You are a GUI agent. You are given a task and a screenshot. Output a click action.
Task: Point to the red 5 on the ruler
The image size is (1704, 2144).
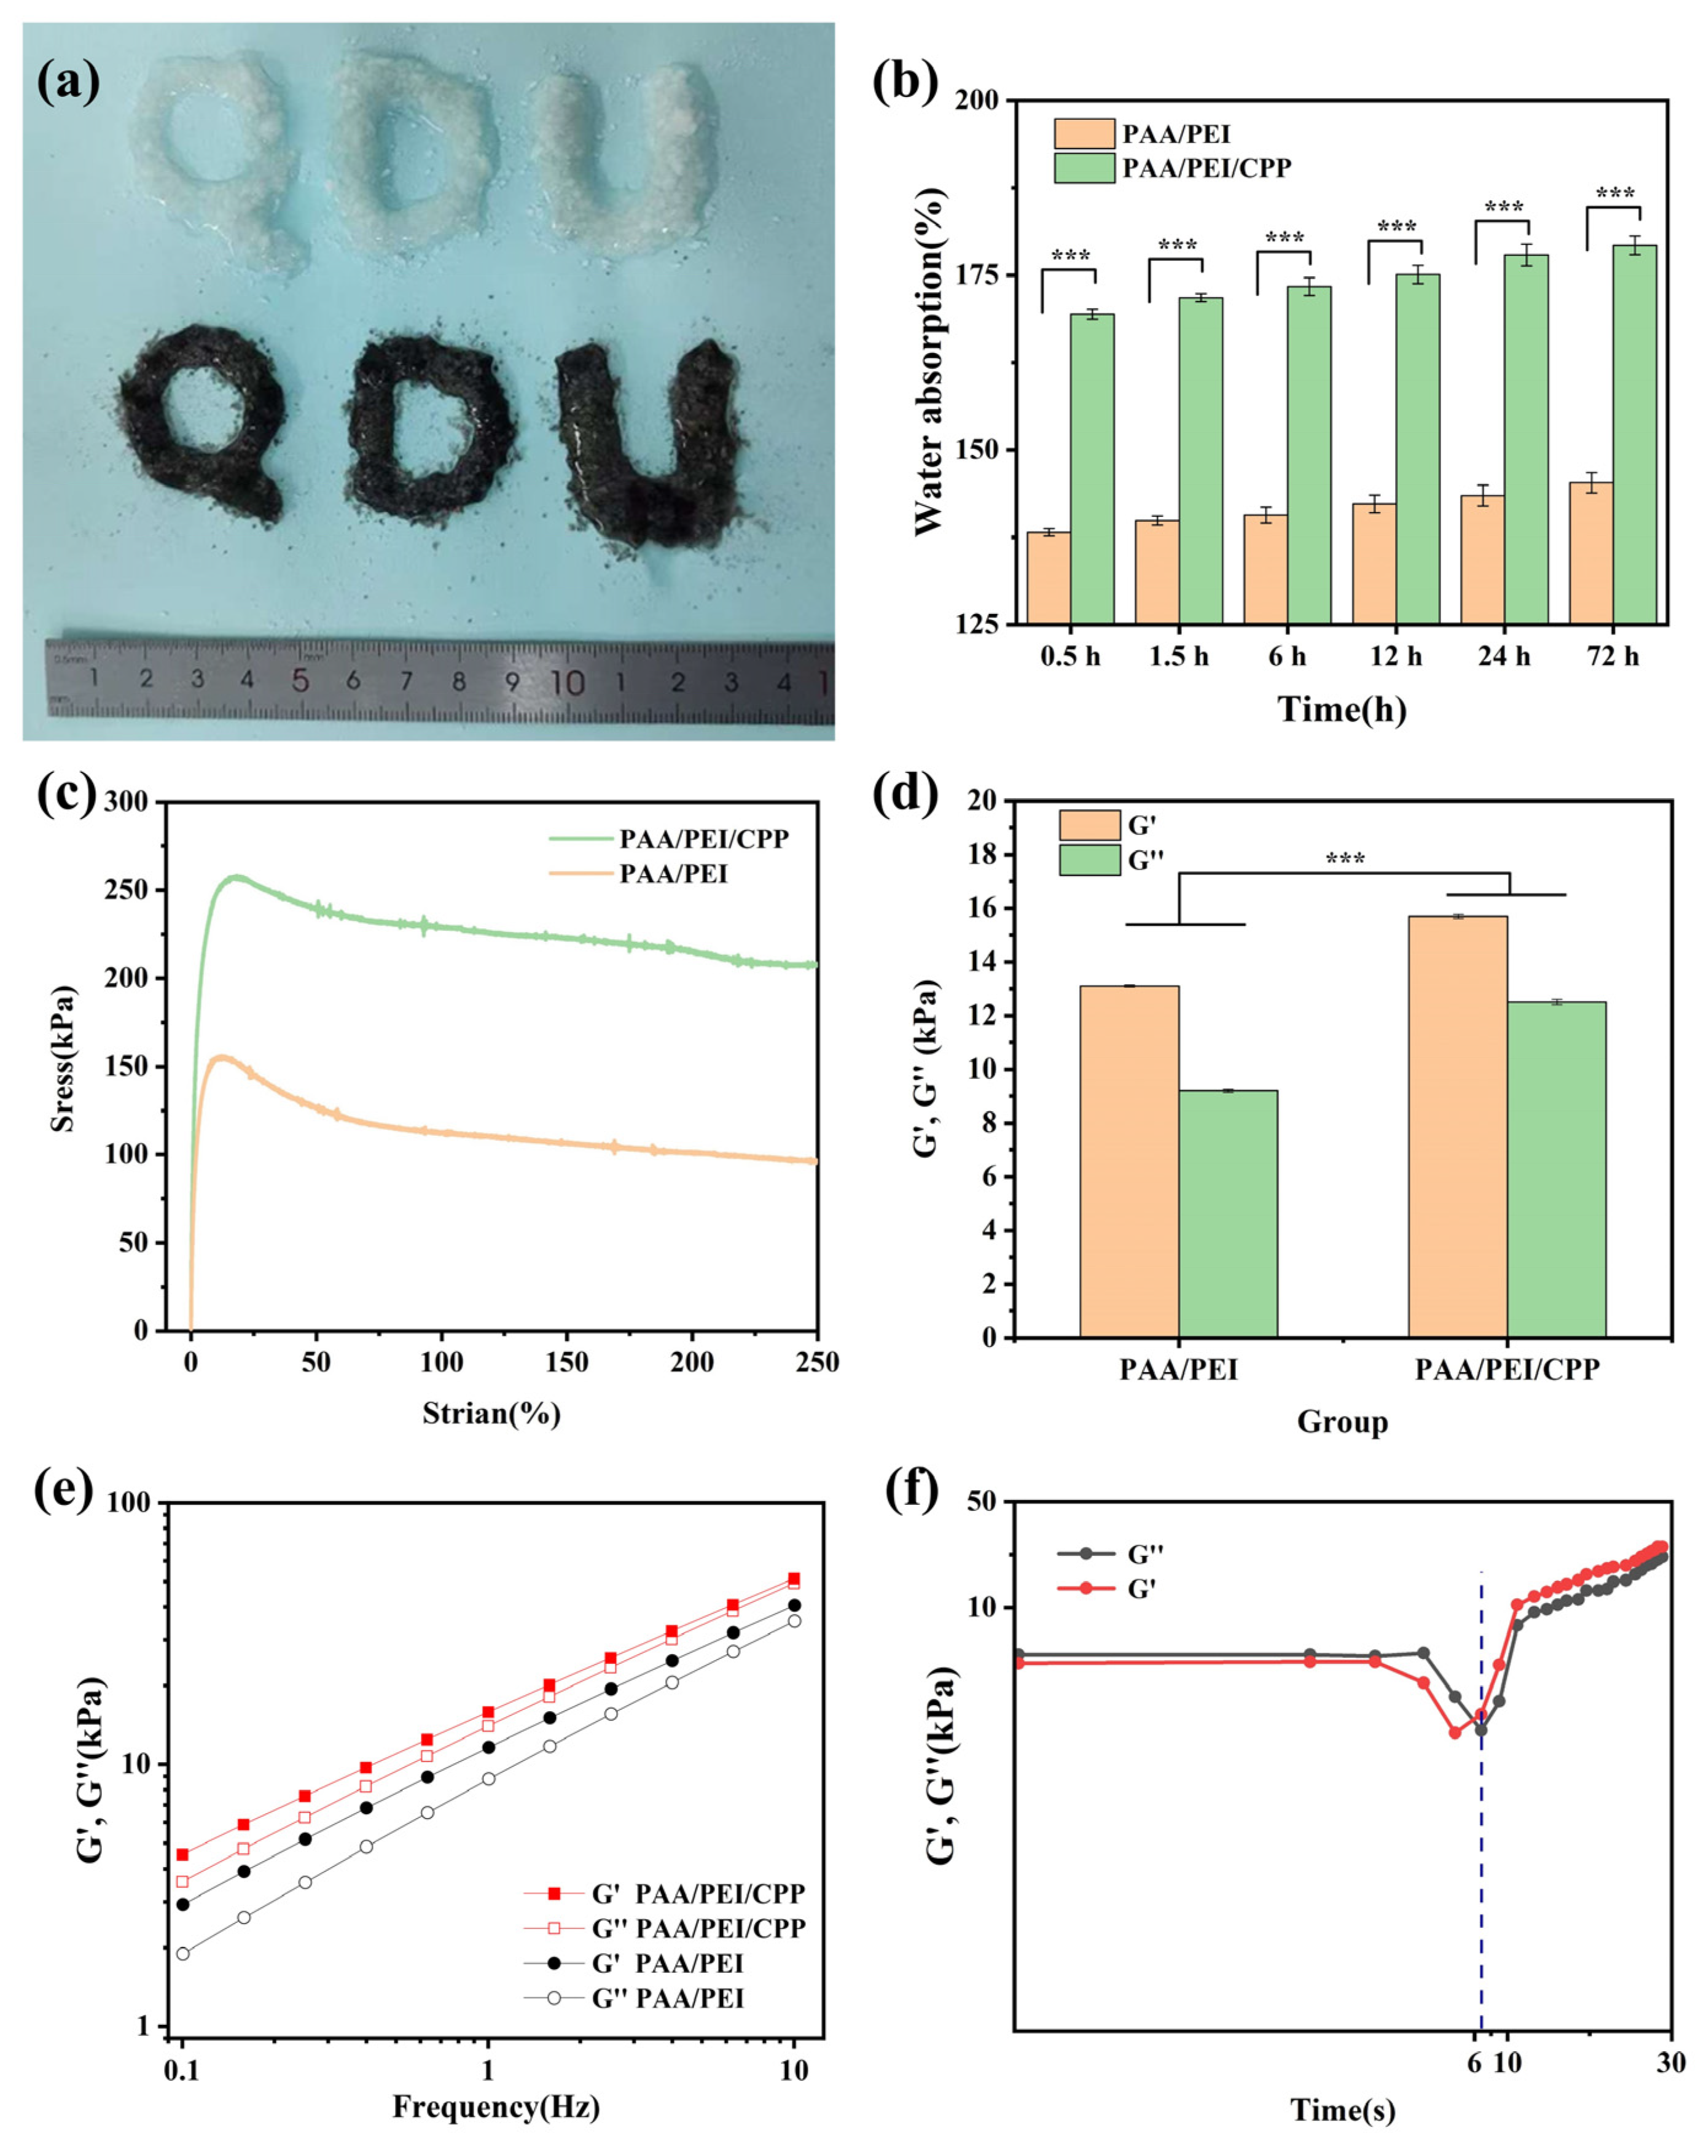299,681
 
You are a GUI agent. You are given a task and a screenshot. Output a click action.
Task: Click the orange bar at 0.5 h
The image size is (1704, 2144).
1049,577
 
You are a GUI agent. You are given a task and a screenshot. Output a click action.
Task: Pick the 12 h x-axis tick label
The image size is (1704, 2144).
1396,656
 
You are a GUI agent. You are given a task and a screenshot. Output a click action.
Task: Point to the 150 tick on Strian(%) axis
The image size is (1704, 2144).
566,1362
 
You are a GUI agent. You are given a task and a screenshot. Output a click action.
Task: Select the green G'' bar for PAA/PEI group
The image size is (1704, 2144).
1227,1213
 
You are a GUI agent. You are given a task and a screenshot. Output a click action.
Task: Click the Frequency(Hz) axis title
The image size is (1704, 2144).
495,2106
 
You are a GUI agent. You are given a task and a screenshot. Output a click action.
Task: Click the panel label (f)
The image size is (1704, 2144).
912,1489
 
